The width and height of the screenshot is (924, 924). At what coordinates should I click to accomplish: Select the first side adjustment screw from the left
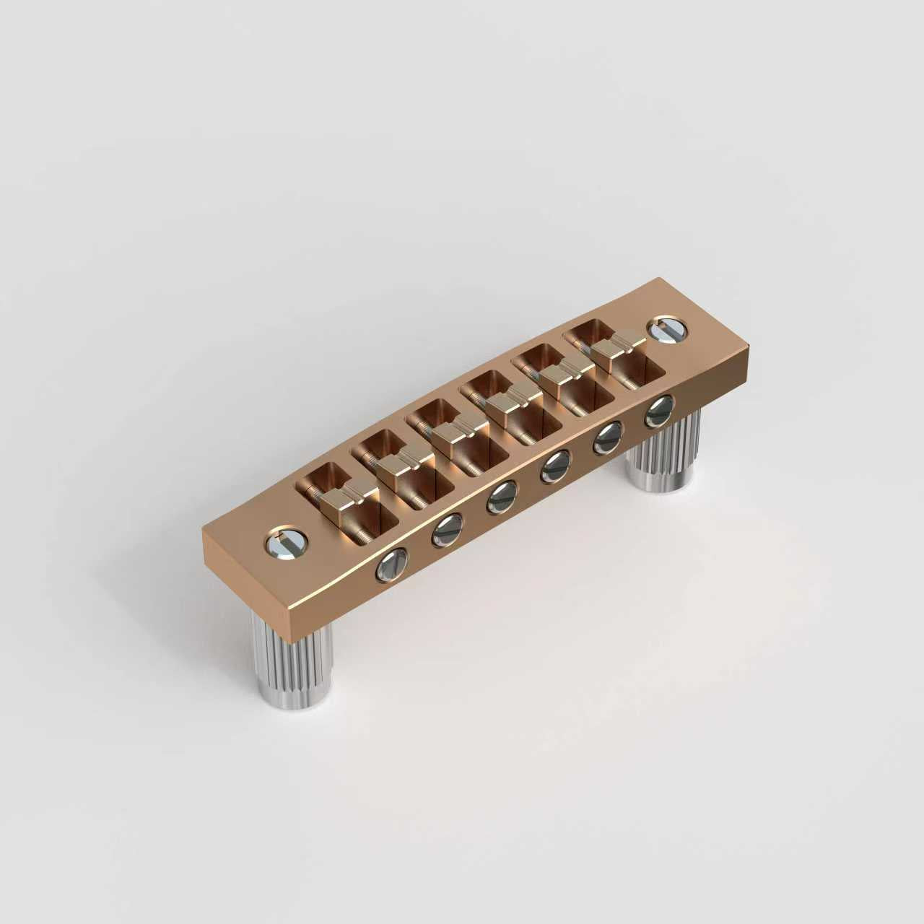391,565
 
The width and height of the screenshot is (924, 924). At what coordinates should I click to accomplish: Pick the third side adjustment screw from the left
500,497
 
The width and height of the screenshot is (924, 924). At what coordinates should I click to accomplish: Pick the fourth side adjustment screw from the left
555,466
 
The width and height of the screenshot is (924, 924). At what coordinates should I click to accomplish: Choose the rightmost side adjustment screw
658,410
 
